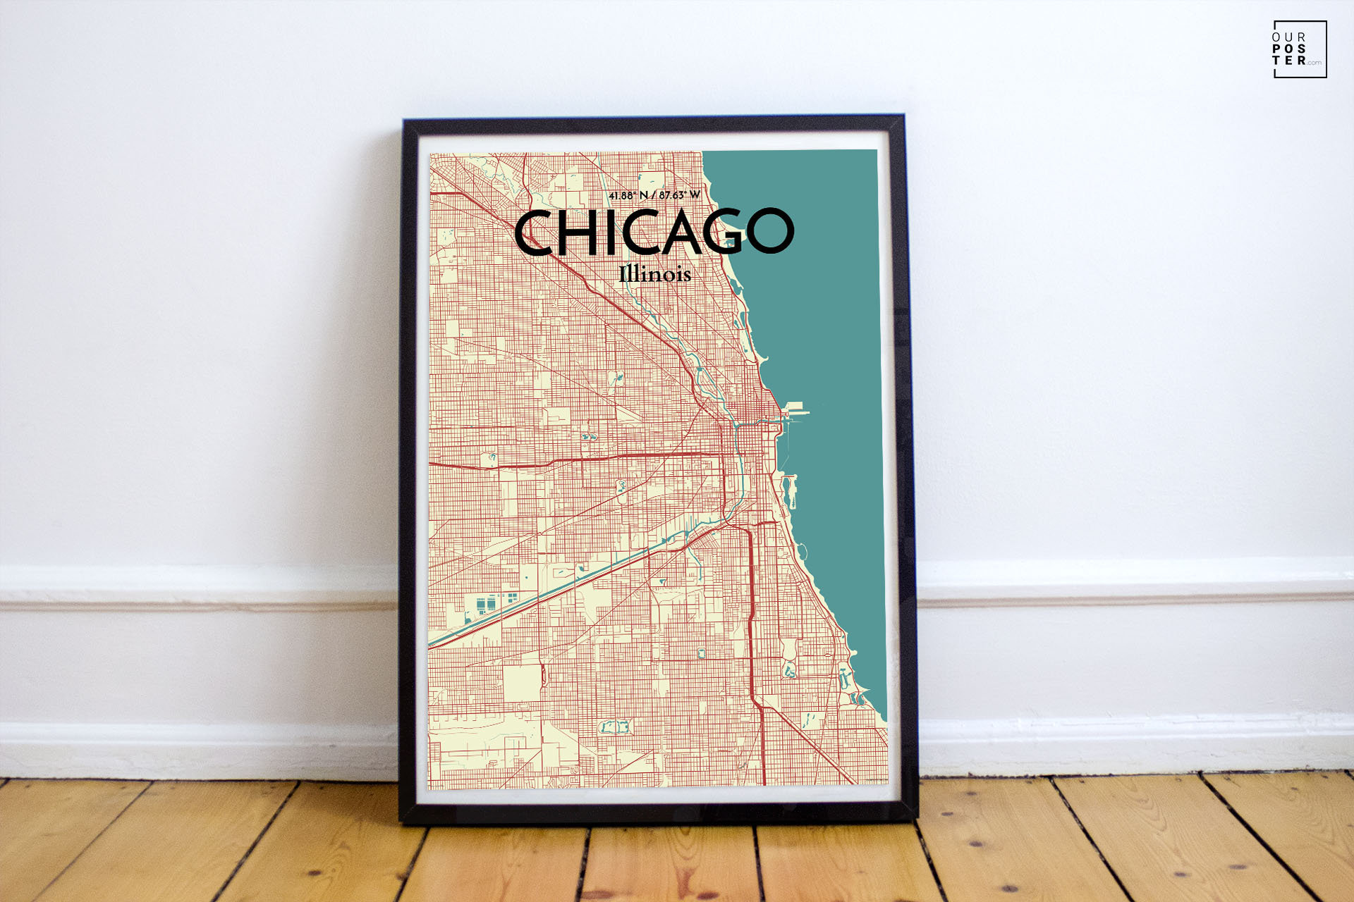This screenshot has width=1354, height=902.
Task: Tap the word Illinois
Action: [654, 273]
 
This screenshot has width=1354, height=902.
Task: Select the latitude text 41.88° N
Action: [628, 195]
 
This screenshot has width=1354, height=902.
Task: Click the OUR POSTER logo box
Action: [1300, 49]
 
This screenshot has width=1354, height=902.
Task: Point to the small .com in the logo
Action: [1314, 63]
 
